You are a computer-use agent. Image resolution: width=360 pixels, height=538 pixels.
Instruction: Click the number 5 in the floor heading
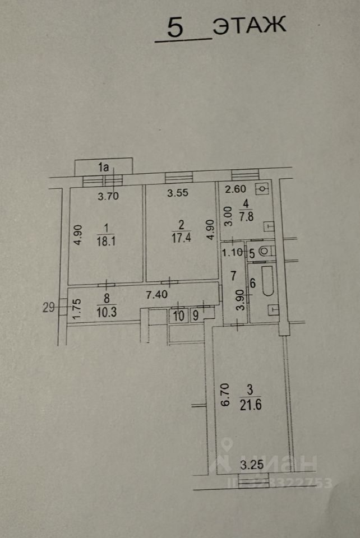point(175,29)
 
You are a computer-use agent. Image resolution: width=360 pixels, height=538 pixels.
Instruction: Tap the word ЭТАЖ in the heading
point(250,26)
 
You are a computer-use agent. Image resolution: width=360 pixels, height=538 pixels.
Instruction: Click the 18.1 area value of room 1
point(105,241)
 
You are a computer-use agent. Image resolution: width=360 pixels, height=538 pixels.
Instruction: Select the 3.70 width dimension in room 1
point(109,196)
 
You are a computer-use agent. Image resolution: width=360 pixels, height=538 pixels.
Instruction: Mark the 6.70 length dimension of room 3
point(224,395)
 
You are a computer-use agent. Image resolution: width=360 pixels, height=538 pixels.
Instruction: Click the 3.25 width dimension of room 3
point(251,465)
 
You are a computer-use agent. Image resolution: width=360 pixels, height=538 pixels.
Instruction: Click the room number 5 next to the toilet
point(252,253)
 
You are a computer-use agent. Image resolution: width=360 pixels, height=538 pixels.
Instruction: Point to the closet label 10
point(178,316)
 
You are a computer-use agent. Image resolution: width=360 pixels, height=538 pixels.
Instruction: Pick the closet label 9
point(195,316)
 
